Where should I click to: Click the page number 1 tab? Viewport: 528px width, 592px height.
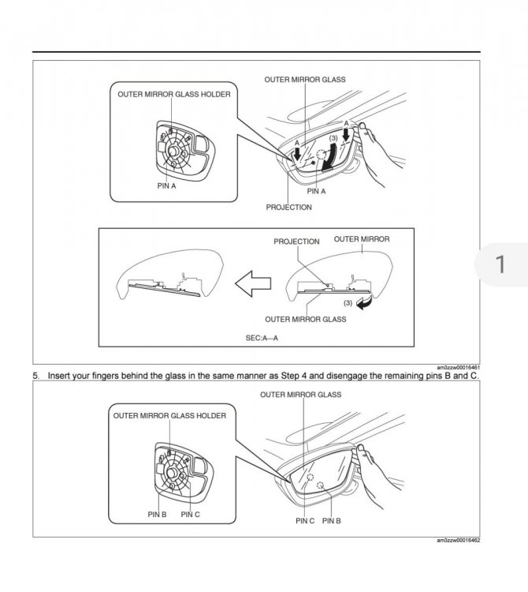click(x=500, y=264)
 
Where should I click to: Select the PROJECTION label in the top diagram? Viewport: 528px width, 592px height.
click(x=288, y=207)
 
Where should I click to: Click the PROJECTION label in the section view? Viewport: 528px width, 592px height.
click(x=296, y=242)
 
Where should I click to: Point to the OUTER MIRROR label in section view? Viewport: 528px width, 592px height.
click(x=362, y=238)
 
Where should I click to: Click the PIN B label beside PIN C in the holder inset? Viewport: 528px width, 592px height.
click(x=157, y=514)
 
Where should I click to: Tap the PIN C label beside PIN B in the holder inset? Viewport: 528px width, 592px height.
click(x=191, y=514)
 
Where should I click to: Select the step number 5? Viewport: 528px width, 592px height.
click(x=35, y=376)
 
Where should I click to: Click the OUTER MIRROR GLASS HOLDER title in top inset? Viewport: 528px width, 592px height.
click(x=174, y=94)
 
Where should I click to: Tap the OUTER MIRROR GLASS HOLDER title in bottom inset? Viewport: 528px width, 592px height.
click(x=169, y=415)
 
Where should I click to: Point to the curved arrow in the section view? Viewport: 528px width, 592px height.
click(x=363, y=306)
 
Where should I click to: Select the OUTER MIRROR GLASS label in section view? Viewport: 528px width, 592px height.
click(x=305, y=319)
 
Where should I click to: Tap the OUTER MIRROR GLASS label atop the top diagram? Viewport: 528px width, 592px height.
click(x=305, y=80)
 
